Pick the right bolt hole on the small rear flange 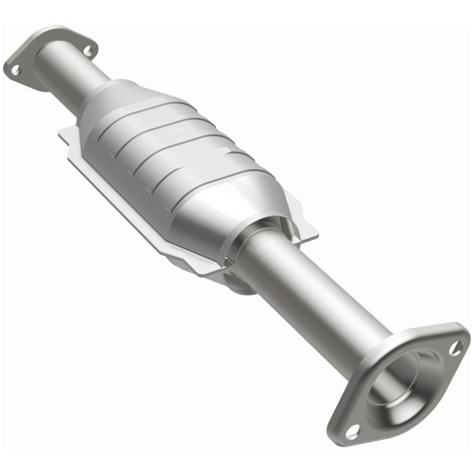point(88,47)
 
